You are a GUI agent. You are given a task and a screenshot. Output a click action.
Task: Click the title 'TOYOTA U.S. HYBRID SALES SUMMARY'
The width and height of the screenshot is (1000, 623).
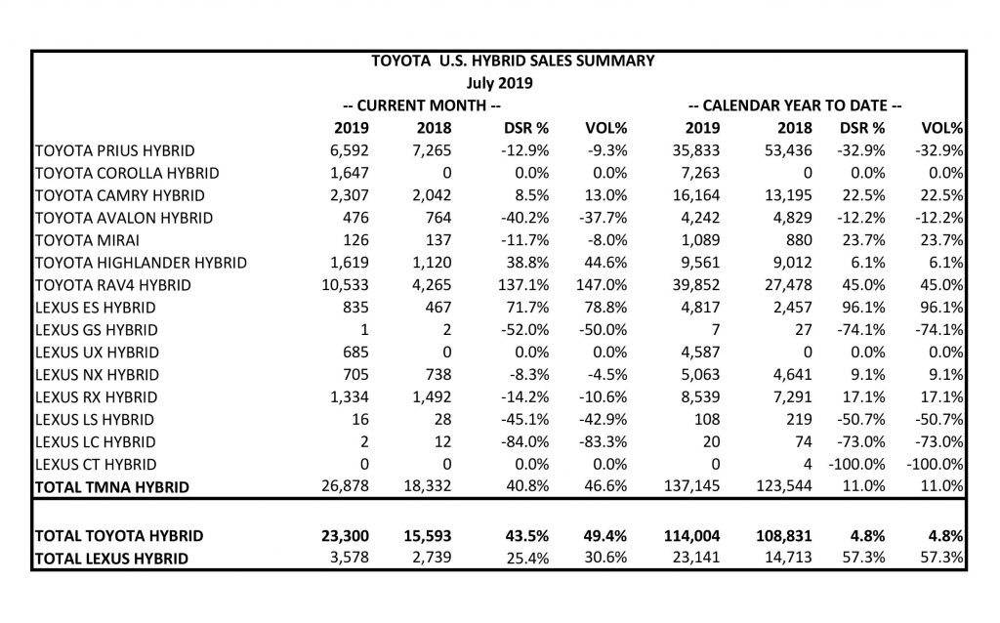pyautogui.click(x=513, y=61)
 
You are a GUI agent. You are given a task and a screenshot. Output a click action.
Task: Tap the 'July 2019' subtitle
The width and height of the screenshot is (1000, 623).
pyautogui.click(x=513, y=83)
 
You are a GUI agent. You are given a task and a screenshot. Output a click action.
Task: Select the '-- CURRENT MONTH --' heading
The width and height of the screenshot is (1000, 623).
pyautogui.click(x=422, y=105)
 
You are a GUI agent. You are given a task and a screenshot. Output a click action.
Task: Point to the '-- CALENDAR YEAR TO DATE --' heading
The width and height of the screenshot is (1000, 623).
pyautogui.click(x=795, y=105)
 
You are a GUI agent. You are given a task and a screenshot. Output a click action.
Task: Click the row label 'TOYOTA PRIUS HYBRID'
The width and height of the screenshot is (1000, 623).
pyautogui.click(x=114, y=150)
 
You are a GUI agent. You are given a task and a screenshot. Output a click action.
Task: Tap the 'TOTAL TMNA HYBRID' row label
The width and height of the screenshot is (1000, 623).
pyautogui.click(x=110, y=486)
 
